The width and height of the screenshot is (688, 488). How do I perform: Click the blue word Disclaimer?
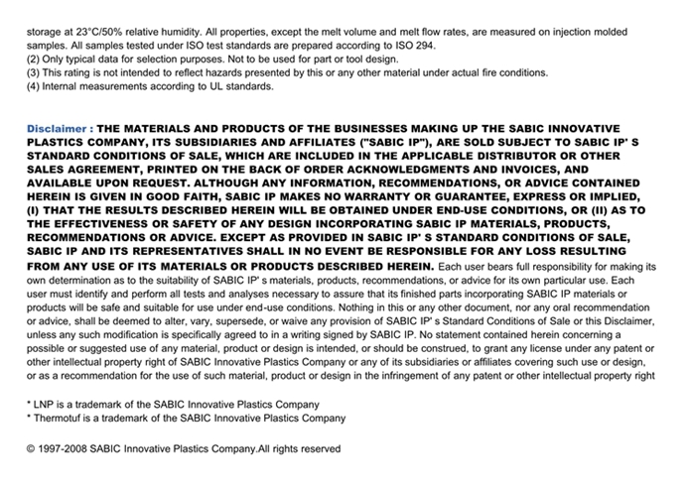[x=58, y=130]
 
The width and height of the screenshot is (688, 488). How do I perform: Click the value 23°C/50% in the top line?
[x=108, y=32]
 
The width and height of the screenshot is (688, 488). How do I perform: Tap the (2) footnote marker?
[x=34, y=59]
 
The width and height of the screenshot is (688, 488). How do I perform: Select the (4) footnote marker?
[x=34, y=86]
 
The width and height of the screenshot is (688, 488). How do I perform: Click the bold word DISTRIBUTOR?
[x=543, y=156]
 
